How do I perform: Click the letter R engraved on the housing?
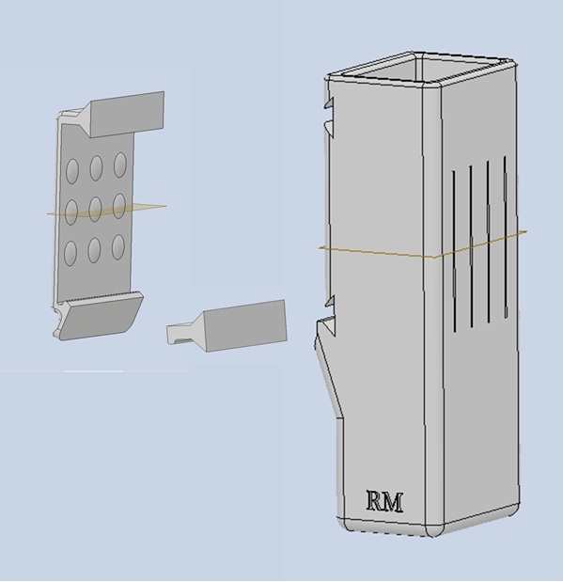click(375, 500)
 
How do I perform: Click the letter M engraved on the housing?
click(393, 502)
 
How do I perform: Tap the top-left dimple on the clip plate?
click(72, 171)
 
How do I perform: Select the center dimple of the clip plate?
click(95, 209)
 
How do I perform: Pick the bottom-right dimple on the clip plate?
click(118, 247)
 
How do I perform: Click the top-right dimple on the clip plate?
click(120, 165)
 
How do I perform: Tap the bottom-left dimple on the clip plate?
click(70, 253)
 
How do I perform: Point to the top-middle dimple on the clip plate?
click(96, 167)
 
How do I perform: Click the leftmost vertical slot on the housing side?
click(454, 251)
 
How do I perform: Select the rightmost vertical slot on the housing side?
click(505, 237)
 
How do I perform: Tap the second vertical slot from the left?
click(471, 246)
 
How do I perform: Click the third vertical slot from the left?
click(488, 242)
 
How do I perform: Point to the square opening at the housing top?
click(425, 71)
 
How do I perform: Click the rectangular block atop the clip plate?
click(126, 115)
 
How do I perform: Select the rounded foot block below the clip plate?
click(101, 316)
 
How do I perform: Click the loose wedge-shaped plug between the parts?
click(227, 326)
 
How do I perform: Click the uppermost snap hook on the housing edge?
click(329, 103)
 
